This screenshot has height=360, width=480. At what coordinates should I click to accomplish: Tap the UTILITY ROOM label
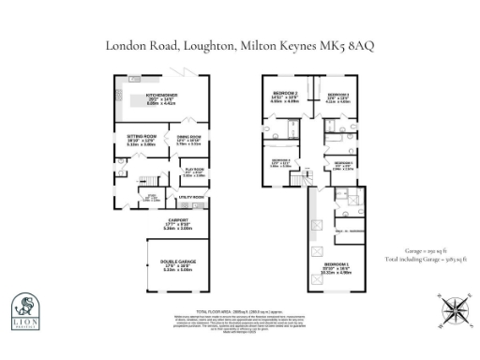pyautogui.click(x=191, y=198)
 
